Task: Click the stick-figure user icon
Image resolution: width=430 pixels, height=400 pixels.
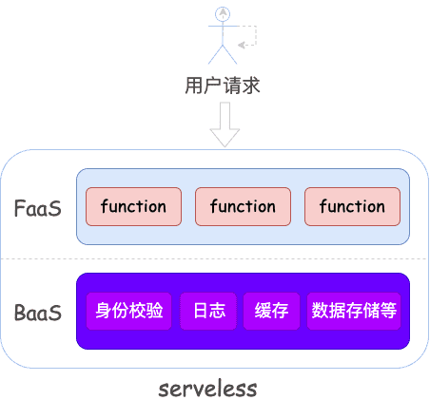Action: point(223,30)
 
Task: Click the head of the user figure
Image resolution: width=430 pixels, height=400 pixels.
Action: point(223,12)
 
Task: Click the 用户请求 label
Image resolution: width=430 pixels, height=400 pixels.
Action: point(222,86)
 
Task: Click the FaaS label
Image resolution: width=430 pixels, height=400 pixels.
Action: point(38,207)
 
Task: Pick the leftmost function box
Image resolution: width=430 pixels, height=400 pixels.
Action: point(133,207)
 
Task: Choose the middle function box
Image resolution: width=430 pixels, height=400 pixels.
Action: point(243,207)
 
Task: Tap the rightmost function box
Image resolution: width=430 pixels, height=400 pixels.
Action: point(352,207)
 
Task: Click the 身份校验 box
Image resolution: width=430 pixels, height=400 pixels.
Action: point(129,311)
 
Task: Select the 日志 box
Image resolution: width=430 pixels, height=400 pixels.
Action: point(208,311)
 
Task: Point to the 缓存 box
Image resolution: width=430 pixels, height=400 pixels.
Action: point(271,311)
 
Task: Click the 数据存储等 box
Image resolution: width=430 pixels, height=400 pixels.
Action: point(354,311)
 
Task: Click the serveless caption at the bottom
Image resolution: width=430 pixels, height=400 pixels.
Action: point(207,389)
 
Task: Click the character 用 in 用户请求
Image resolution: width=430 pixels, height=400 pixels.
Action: point(193,86)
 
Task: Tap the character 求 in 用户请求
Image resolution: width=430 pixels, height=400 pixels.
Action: point(250,86)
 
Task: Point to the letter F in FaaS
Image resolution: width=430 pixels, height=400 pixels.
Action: point(20,207)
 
